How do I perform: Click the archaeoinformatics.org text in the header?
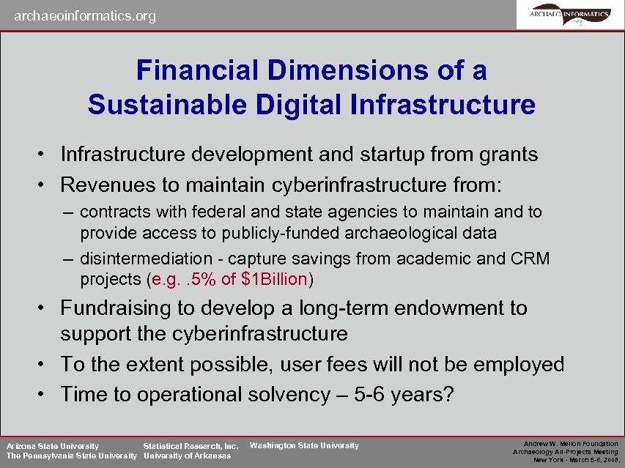click(85, 15)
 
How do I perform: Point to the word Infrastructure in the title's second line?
click(443, 104)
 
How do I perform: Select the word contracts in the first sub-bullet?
click(115, 212)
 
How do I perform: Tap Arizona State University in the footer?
click(53, 445)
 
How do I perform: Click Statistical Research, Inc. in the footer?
click(191, 445)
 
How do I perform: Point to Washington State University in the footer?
click(304, 445)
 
